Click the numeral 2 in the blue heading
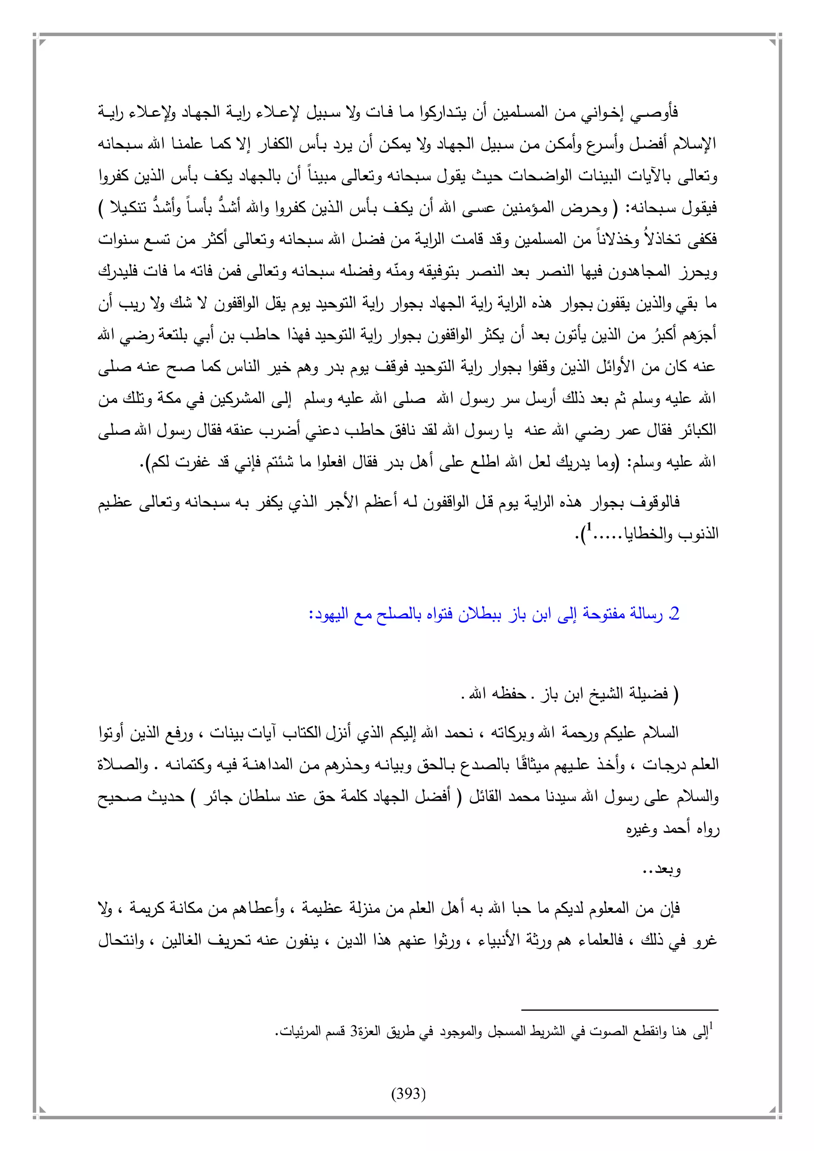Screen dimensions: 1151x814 (674, 614)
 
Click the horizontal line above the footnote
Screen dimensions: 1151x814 (620, 1010)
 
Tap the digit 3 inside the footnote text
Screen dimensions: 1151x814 (353, 1032)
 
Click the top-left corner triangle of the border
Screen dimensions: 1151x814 (43, 42)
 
